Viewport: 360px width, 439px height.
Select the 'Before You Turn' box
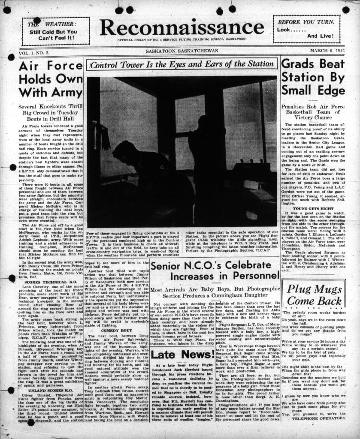306,29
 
